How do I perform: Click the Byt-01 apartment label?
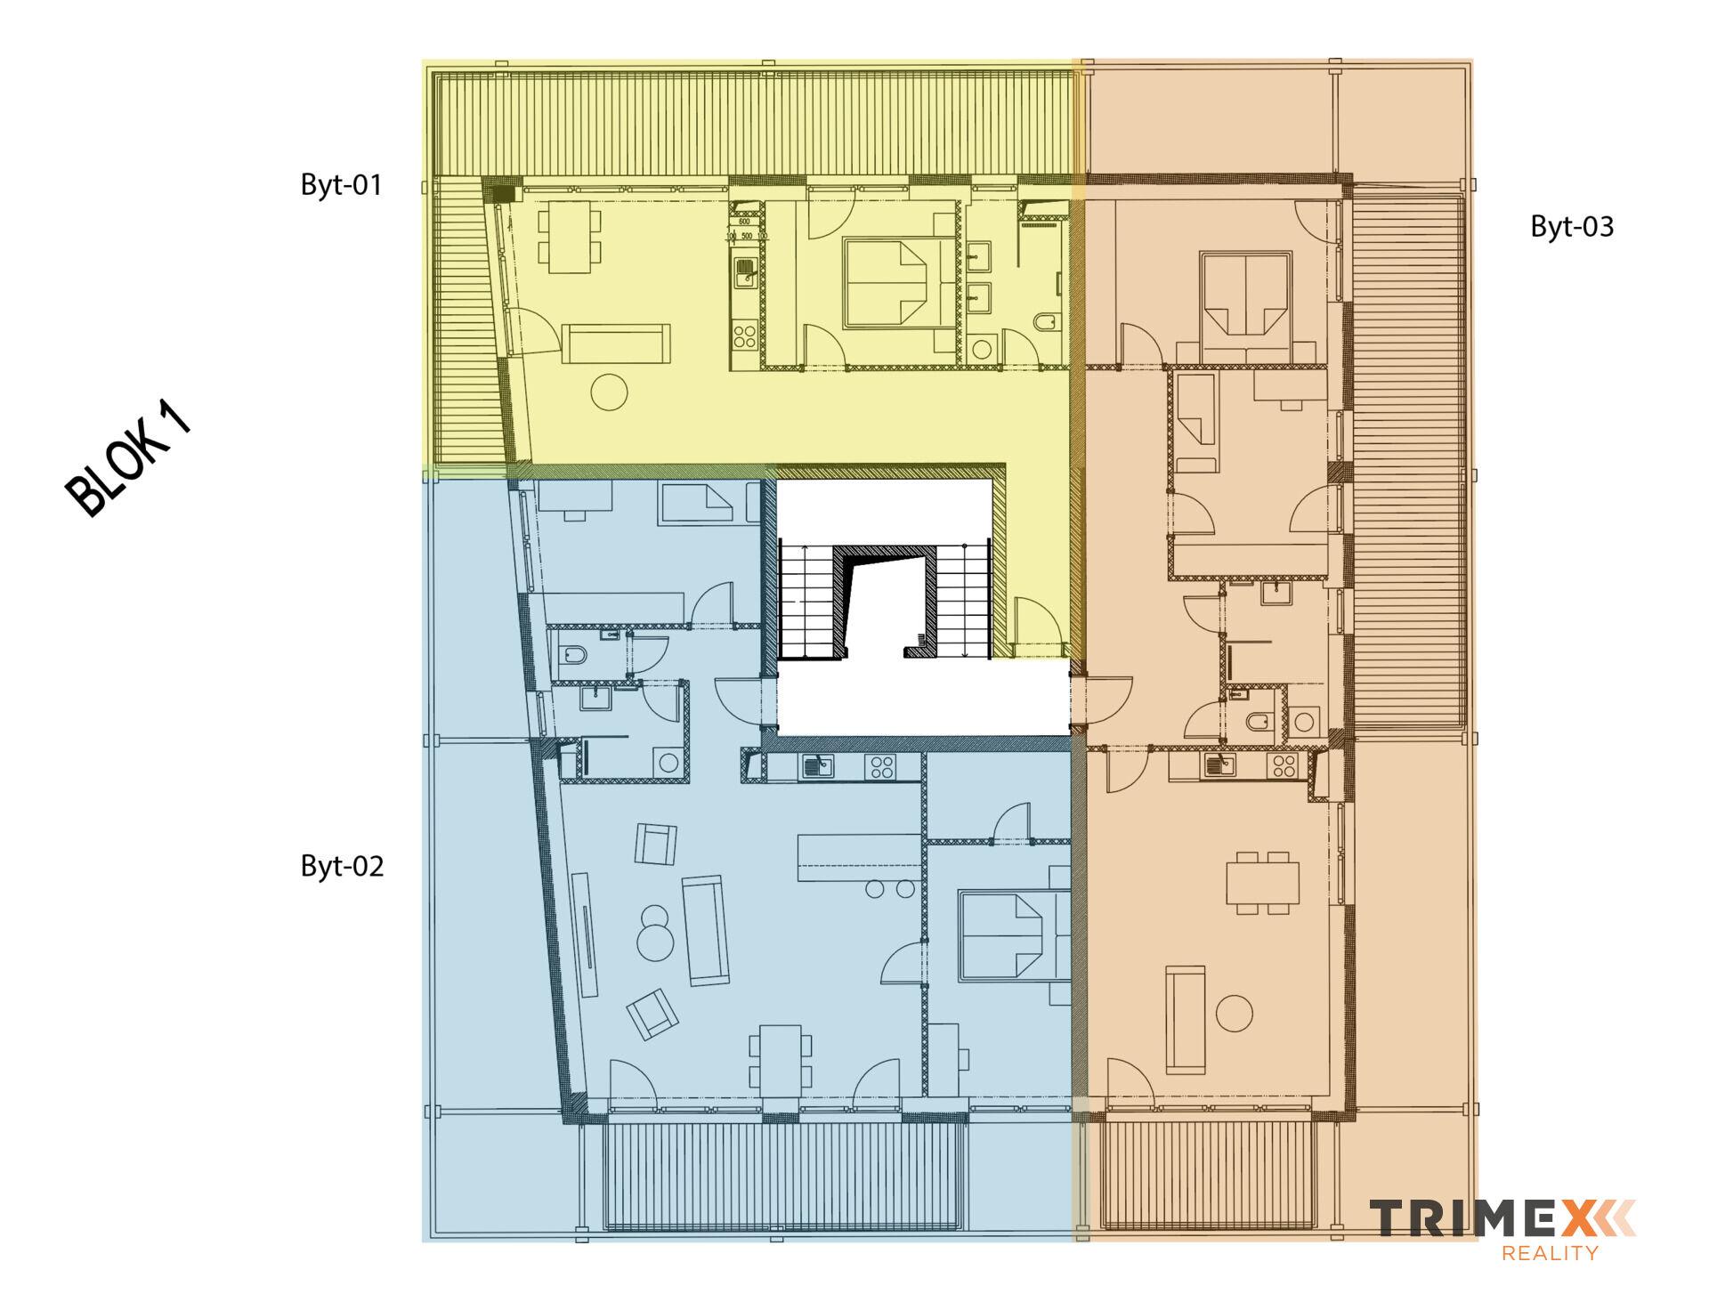tap(342, 185)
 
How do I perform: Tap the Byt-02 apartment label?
tap(342, 866)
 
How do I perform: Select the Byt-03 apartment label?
tap(1572, 227)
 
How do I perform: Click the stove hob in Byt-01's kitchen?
tap(744, 336)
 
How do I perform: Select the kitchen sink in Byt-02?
tap(817, 765)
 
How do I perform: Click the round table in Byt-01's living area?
tap(610, 392)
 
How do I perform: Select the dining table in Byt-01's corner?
tap(568, 237)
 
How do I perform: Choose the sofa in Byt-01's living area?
tap(616, 344)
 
